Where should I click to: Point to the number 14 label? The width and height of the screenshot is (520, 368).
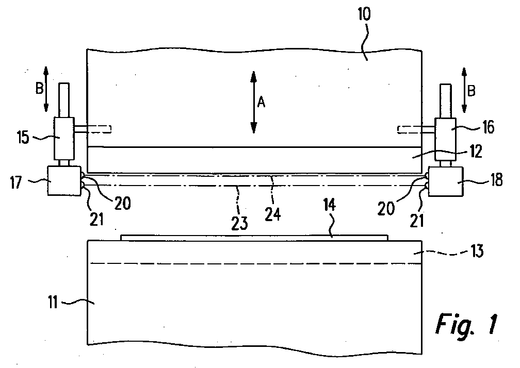[330, 206]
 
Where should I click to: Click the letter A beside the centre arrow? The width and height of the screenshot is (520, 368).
[262, 103]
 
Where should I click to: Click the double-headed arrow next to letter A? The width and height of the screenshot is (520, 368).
[253, 103]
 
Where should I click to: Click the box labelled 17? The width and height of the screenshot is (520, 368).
[64, 180]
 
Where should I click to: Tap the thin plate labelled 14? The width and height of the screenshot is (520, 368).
[253, 237]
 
